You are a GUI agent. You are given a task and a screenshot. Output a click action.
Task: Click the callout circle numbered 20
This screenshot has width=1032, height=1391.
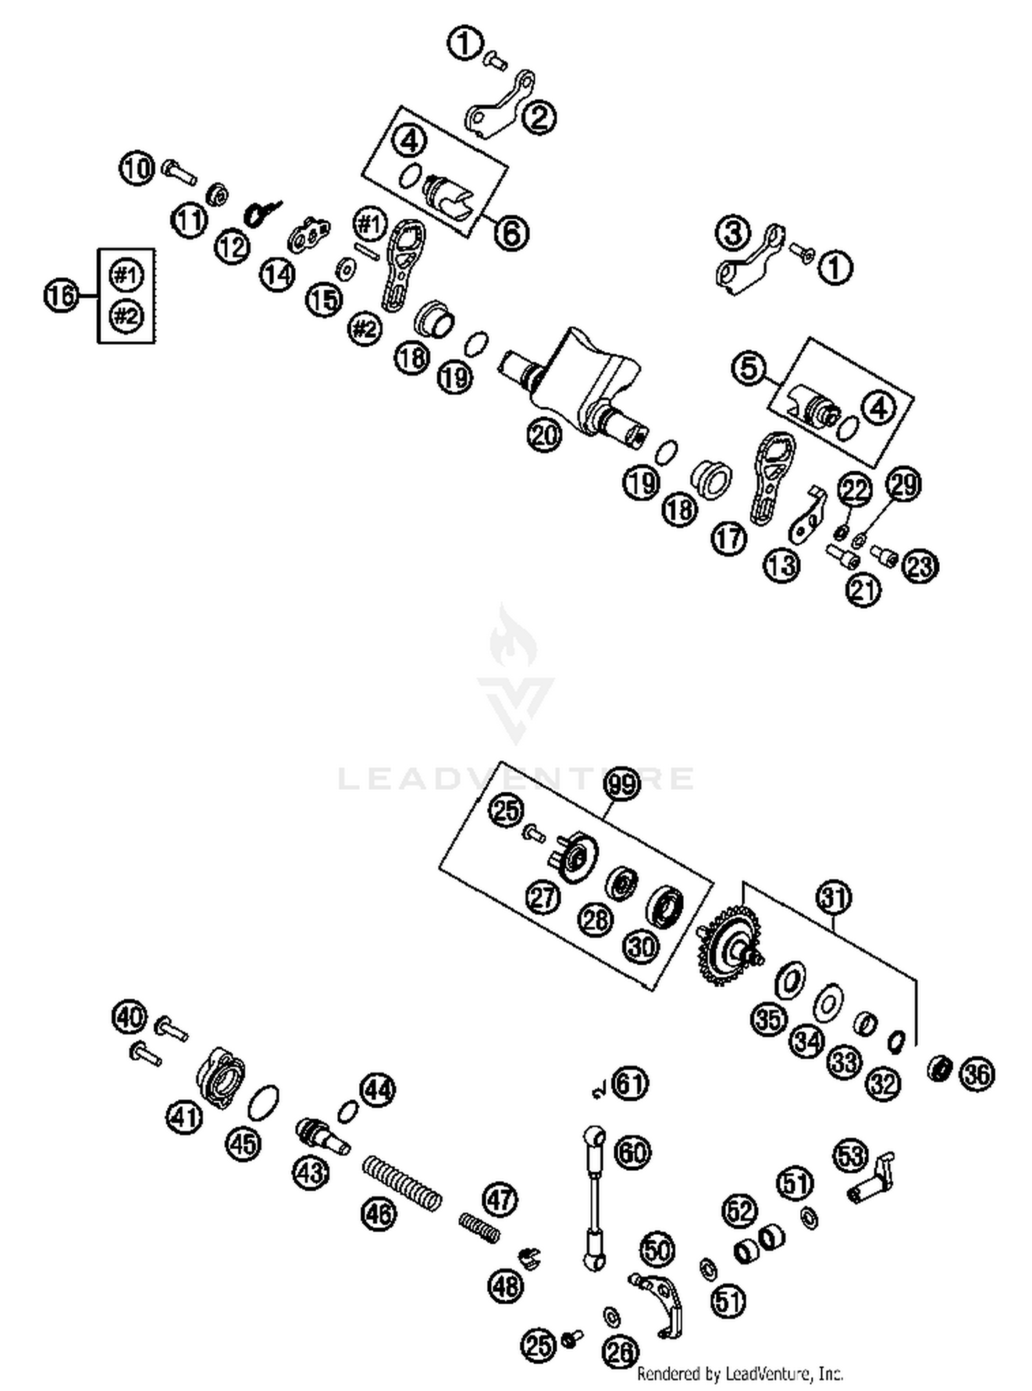pos(544,435)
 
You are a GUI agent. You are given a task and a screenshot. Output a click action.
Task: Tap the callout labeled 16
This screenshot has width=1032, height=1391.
pos(61,296)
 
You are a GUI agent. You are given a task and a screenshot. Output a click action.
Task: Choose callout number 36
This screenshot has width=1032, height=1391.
pos(977,1075)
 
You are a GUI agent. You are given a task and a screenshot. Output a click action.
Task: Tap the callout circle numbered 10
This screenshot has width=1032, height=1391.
pos(137,168)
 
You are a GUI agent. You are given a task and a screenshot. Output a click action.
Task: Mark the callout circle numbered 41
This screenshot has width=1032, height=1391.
pos(184,1117)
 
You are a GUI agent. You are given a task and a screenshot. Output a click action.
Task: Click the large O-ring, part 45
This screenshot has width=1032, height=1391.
pos(263,1103)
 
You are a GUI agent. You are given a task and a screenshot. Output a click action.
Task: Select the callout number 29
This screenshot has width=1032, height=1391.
pos(903,484)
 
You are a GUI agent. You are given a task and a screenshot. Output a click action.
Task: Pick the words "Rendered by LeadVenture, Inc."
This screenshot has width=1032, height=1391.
pos(740,1374)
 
